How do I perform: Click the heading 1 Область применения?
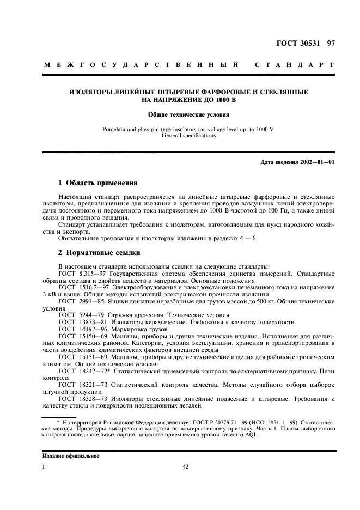[x=97, y=183]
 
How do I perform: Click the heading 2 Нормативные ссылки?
[x=99, y=253]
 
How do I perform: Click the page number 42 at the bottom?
[x=185, y=466]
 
